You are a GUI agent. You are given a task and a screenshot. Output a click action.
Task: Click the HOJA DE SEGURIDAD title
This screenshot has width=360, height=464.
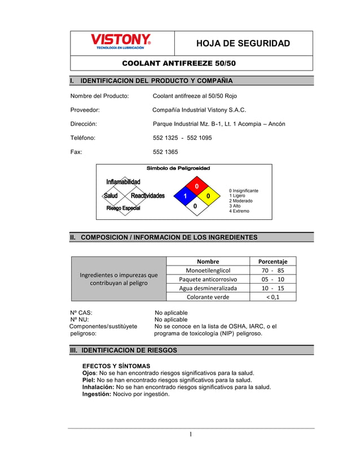pyautogui.click(x=243, y=43)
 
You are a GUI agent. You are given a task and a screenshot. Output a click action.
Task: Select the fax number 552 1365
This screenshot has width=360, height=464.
pyautogui.click(x=165, y=152)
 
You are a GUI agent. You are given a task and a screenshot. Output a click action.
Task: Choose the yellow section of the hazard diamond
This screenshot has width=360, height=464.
pyautogui.click(x=208, y=196)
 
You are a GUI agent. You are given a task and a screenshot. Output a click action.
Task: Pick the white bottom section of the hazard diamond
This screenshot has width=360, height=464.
pyautogui.click(x=196, y=206)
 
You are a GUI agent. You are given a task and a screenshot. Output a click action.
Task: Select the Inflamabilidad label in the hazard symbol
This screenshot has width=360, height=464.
pyautogui.click(x=123, y=182)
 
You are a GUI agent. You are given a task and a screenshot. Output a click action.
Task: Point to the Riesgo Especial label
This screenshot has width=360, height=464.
pyautogui.click(x=123, y=209)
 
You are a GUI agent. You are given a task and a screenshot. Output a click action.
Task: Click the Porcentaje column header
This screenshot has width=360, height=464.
pyautogui.click(x=273, y=262)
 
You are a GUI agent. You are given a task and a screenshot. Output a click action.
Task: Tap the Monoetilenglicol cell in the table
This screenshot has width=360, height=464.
pyautogui.click(x=208, y=271)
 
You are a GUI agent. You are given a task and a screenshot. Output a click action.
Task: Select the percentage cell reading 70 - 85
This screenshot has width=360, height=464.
pyautogui.click(x=273, y=271)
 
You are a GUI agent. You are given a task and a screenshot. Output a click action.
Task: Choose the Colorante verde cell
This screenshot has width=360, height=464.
pyautogui.click(x=208, y=297)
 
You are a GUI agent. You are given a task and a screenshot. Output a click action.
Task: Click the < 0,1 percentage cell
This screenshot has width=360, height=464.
pyautogui.click(x=273, y=297)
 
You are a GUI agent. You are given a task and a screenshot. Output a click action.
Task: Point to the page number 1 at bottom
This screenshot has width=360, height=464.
pyautogui.click(x=191, y=434)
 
